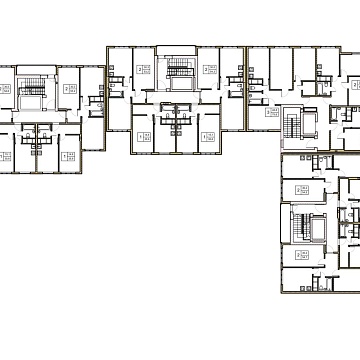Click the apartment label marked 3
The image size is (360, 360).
click(x=273, y=115)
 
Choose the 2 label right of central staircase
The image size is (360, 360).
click(x=210, y=70)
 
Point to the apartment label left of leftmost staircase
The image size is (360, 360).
click(x=6, y=89)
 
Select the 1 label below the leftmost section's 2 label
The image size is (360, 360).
click(x=68, y=155)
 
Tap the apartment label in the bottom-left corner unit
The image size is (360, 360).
click(x=6, y=155)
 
